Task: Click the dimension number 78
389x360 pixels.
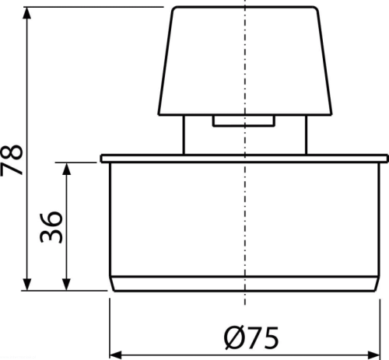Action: tap(12, 160)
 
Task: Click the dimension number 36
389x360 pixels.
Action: tap(51, 227)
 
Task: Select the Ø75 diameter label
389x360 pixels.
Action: tap(251, 337)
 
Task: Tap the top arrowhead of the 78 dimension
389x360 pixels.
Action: tap(26, 13)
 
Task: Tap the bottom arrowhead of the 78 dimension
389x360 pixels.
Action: tap(26, 285)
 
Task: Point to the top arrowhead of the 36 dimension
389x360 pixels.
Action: tap(67, 169)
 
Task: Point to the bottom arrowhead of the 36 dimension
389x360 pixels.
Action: tap(67, 285)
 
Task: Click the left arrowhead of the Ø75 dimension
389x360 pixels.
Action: tap(116, 354)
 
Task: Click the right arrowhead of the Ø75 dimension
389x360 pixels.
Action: tap(374, 354)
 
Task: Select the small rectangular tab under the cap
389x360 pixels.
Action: tap(244, 121)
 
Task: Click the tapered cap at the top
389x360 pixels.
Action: tap(245, 61)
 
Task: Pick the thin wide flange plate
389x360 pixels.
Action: tap(245, 159)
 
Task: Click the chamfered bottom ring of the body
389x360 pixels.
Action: tap(245, 284)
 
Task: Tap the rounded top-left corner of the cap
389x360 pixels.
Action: tap(174, 9)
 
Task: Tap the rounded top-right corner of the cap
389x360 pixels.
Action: tap(316, 9)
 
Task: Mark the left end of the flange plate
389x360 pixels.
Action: tap(101, 159)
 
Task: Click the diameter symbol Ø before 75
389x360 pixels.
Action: tap(235, 337)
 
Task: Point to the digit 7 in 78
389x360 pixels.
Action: tap(12, 169)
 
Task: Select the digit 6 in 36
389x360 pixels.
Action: tap(51, 219)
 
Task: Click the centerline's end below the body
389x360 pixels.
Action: tap(245, 305)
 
